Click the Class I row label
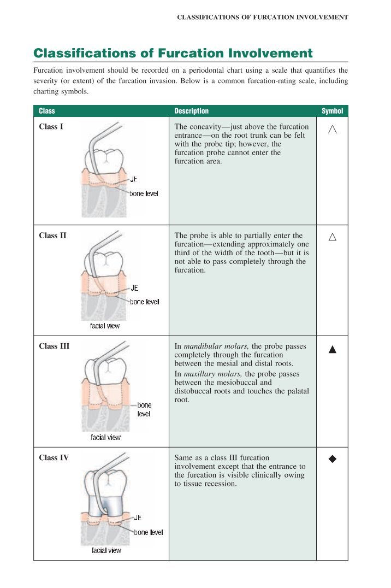pyautogui.click(x=51, y=127)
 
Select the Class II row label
pyautogui.click(x=52, y=236)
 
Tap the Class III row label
pyautogui.click(x=54, y=346)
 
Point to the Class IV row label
pyautogui.click(x=54, y=458)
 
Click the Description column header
pyautogui.click(x=191, y=111)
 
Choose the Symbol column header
pyautogui.click(x=332, y=111)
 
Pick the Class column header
pyautogui.click(x=47, y=111)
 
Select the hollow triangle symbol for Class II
pyautogui.click(x=332, y=237)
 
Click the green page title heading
pyautogui.click(x=173, y=53)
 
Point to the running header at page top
pyautogui.click(x=263, y=17)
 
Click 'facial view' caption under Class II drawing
pyautogui.click(x=105, y=326)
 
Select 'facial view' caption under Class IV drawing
pyautogui.click(x=106, y=550)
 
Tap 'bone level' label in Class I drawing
pyautogui.click(x=144, y=193)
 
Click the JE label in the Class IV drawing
pyautogui.click(x=138, y=518)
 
